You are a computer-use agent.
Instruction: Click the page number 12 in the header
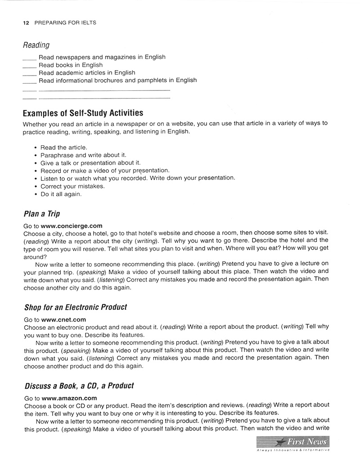coord(19,22)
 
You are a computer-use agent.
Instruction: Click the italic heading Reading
coord(36,45)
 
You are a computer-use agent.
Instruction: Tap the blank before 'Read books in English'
coord(29,66)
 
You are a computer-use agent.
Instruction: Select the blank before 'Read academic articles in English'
coord(29,74)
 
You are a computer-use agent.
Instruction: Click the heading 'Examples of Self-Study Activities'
coord(83,112)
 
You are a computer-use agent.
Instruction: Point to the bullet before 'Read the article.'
coord(35,148)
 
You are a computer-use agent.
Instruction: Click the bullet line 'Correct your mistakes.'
coord(72,186)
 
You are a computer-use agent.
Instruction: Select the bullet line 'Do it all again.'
coord(61,194)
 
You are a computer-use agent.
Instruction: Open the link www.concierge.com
coord(72,225)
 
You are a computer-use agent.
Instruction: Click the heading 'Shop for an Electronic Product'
coord(75,307)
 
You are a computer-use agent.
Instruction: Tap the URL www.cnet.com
coord(63,319)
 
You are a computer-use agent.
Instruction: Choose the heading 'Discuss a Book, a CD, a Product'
coord(79,386)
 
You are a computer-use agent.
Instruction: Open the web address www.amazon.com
coord(69,398)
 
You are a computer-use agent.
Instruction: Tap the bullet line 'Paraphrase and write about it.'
coord(80,155)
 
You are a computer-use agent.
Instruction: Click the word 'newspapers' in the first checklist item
coord(71,57)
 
